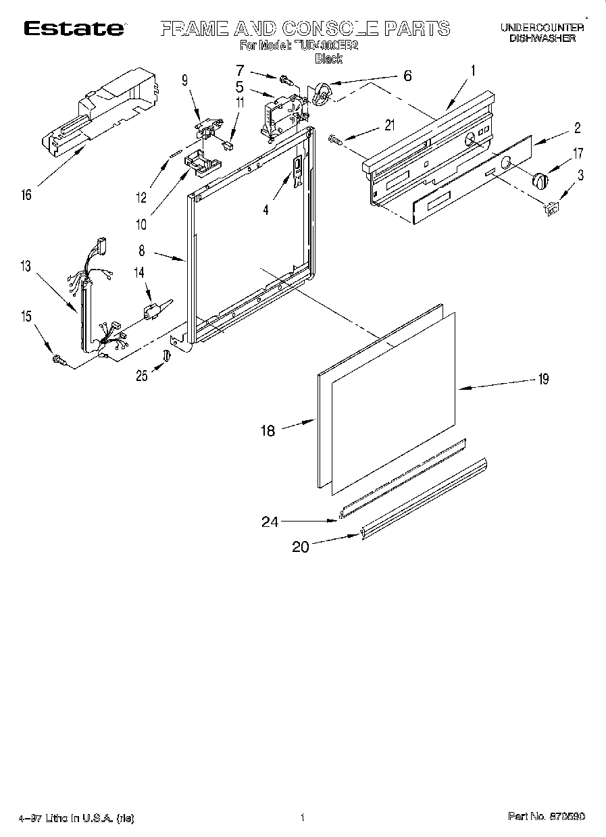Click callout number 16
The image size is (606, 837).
(26, 196)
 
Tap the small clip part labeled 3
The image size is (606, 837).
(550, 209)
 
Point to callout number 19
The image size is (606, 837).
(542, 379)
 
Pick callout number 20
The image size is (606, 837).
(300, 547)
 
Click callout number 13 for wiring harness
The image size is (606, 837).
(25, 266)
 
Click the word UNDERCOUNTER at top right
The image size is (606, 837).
(542, 28)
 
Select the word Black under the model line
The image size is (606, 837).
(329, 59)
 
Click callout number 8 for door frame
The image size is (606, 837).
(141, 250)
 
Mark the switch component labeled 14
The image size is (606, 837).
(150, 311)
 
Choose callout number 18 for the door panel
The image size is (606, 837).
(268, 430)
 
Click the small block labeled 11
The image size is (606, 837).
(228, 143)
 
